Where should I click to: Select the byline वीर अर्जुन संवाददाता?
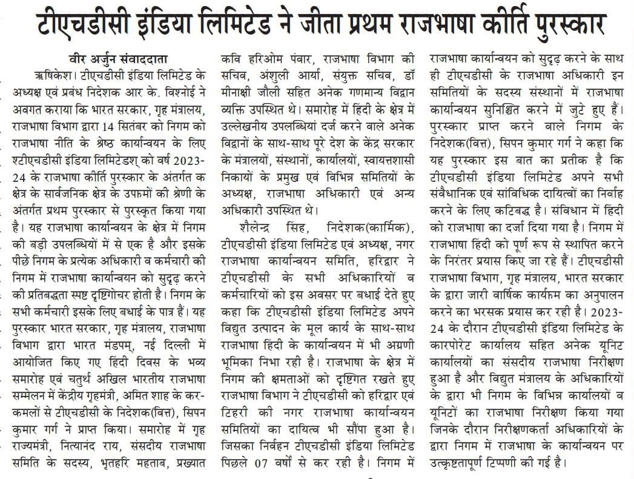tap(119, 59)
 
